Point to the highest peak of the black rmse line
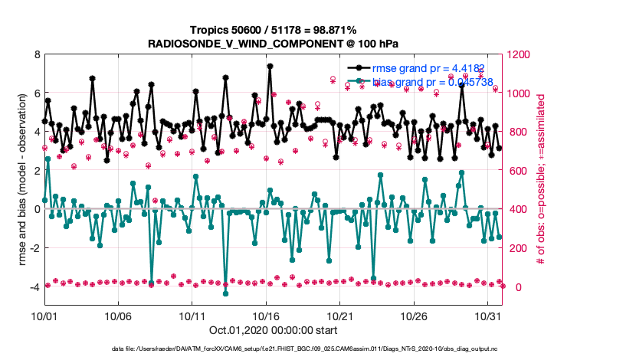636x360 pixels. tap(270, 67)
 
